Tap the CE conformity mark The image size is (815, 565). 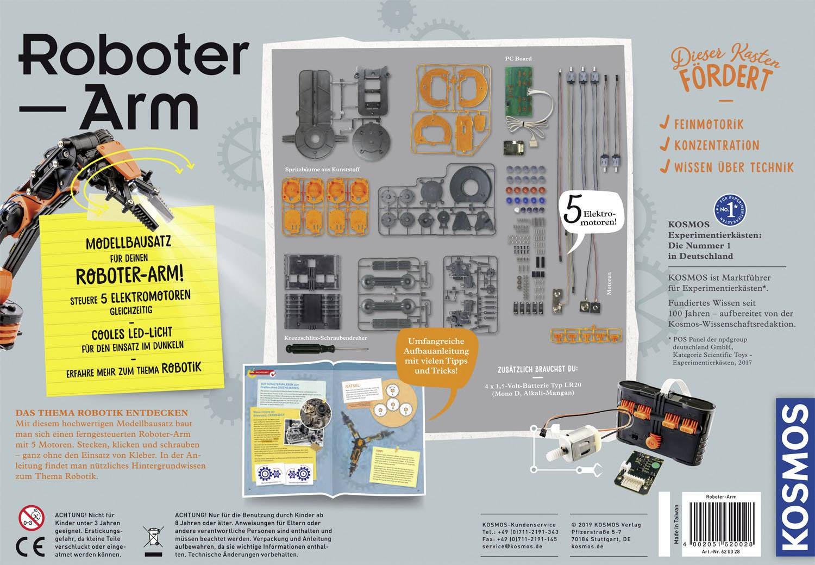28,545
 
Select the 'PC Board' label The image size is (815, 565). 518,58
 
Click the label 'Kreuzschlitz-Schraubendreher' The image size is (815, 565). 325,338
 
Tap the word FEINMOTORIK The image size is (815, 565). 709,124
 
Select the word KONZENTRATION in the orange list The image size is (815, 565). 716,145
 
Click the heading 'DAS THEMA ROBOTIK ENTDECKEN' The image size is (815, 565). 102,413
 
